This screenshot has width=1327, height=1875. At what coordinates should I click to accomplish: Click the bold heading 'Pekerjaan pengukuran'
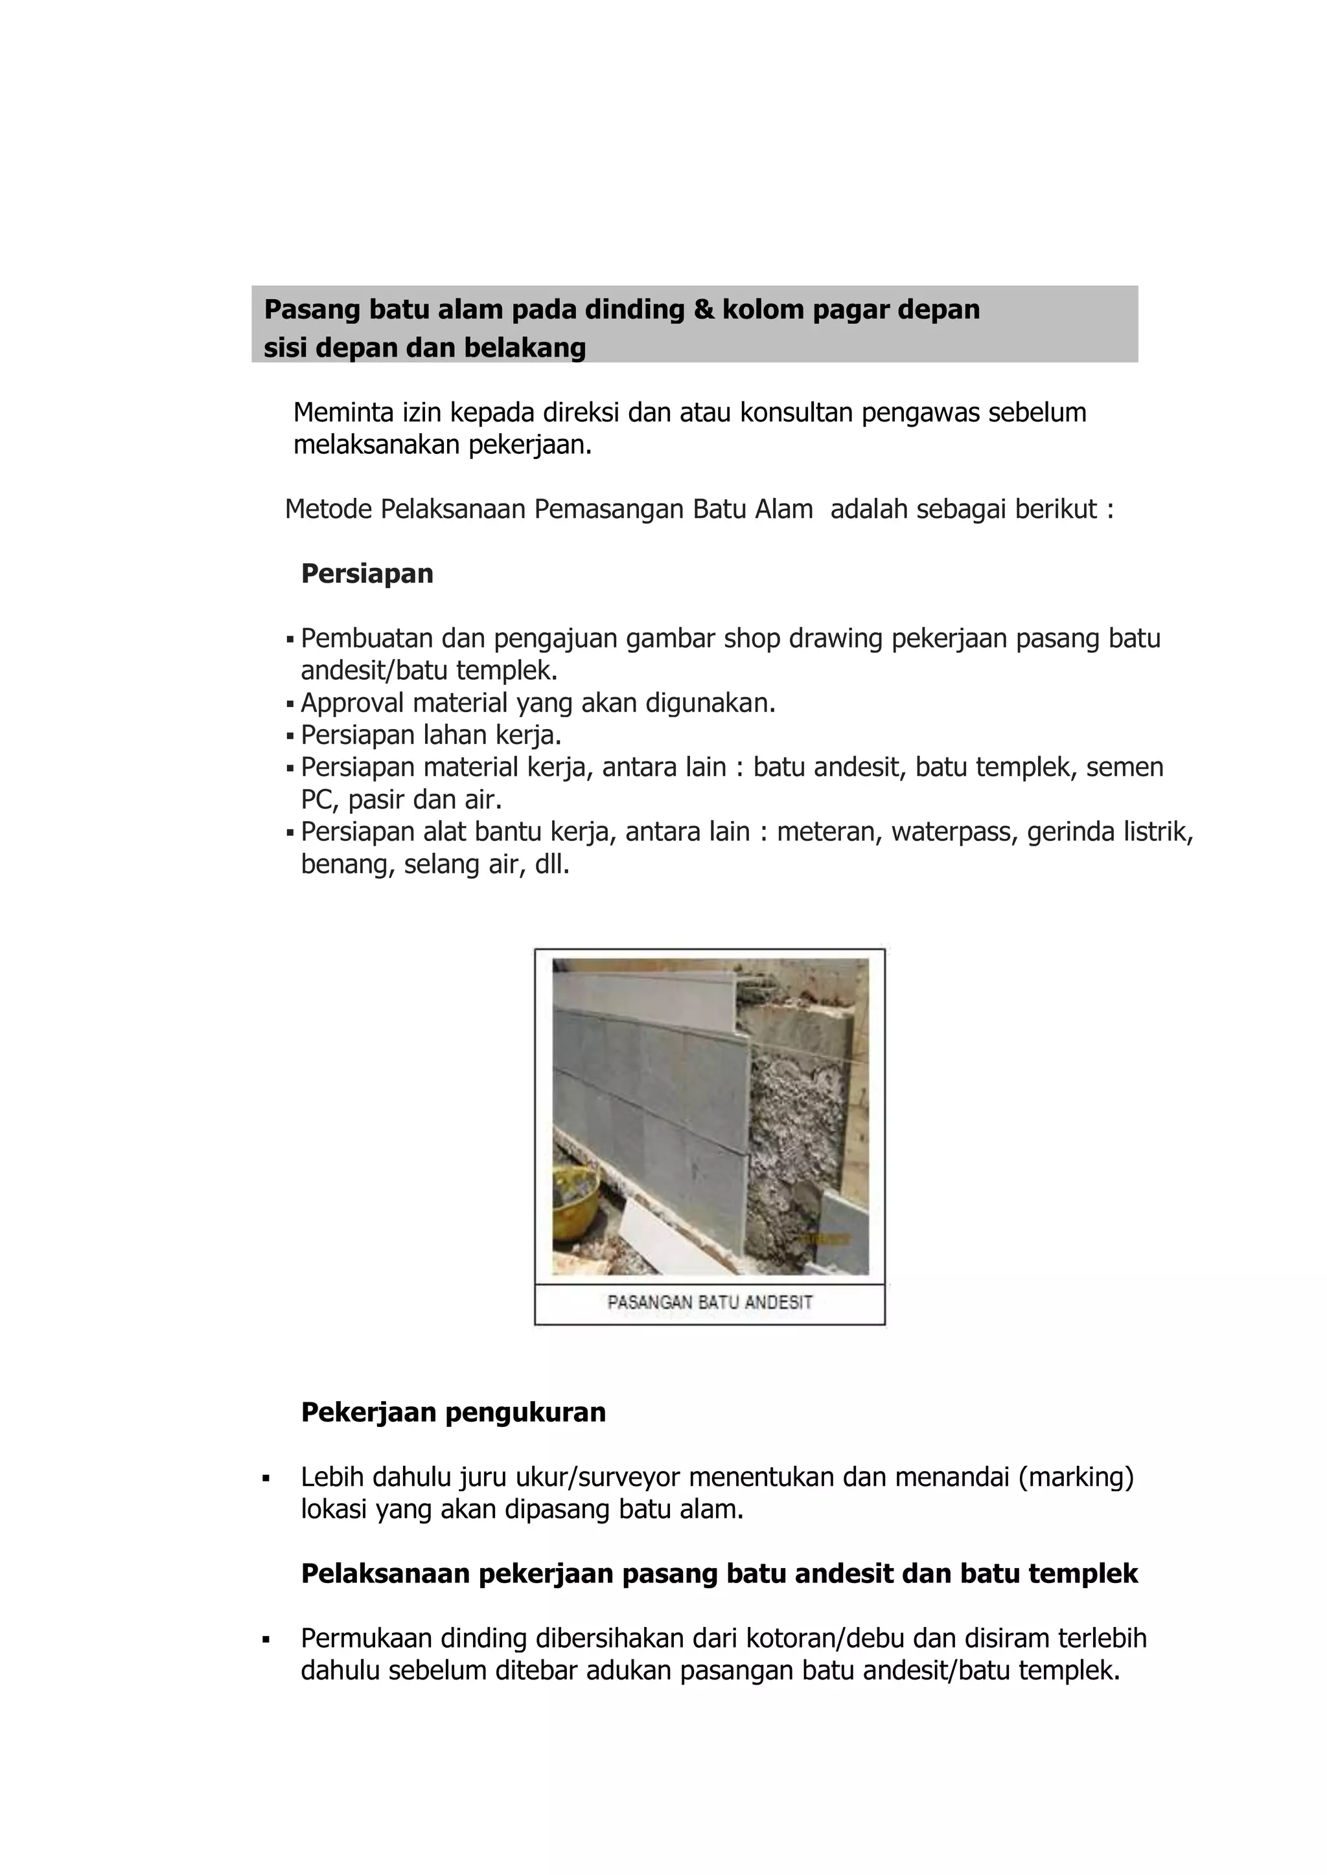454,1412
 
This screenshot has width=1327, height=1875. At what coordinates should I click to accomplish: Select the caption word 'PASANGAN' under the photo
650,1303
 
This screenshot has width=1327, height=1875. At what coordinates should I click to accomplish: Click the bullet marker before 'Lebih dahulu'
266,1478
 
